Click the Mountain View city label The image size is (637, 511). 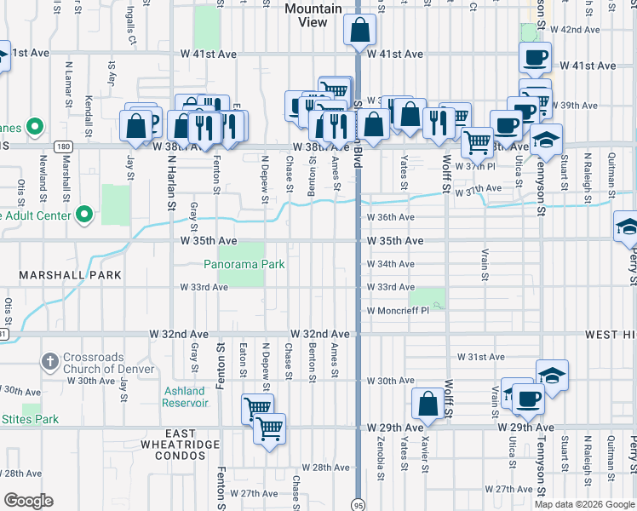(313, 15)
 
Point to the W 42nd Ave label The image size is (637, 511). (576, 29)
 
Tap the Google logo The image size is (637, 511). (29, 501)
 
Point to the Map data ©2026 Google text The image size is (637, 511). (584, 504)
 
